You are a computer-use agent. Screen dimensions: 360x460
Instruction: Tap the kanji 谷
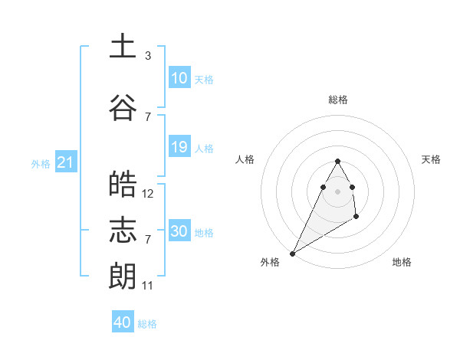pyautogui.click(x=122, y=106)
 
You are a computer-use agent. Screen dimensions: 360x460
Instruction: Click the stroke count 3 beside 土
pyautogui.click(x=148, y=56)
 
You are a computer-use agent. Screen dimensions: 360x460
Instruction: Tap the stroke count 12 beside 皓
pyautogui.click(x=148, y=194)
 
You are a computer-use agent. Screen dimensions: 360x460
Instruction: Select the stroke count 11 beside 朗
pyautogui.click(x=148, y=286)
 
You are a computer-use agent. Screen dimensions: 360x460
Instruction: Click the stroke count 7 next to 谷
pyautogui.click(x=148, y=116)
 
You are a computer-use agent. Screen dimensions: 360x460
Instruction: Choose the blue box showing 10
pyautogui.click(x=179, y=78)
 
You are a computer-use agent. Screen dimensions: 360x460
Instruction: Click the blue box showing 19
pyautogui.click(x=179, y=147)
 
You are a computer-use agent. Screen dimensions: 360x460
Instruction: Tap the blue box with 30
pyautogui.click(x=179, y=231)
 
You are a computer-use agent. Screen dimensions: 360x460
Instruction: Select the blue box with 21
pyautogui.click(x=65, y=162)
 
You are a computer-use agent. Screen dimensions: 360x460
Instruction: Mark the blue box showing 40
pyautogui.click(x=123, y=322)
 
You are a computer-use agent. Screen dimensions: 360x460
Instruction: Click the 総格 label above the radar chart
pyautogui.click(x=337, y=100)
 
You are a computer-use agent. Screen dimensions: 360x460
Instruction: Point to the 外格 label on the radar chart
pyautogui.click(x=270, y=262)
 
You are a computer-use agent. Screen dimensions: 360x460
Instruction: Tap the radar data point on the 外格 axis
pyautogui.click(x=292, y=253)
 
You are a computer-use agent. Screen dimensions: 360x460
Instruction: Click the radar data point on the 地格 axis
pyautogui.click(x=356, y=218)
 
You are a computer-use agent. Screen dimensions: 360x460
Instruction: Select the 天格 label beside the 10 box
pyautogui.click(x=204, y=80)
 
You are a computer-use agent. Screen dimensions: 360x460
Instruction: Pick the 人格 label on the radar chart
pyautogui.click(x=245, y=159)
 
